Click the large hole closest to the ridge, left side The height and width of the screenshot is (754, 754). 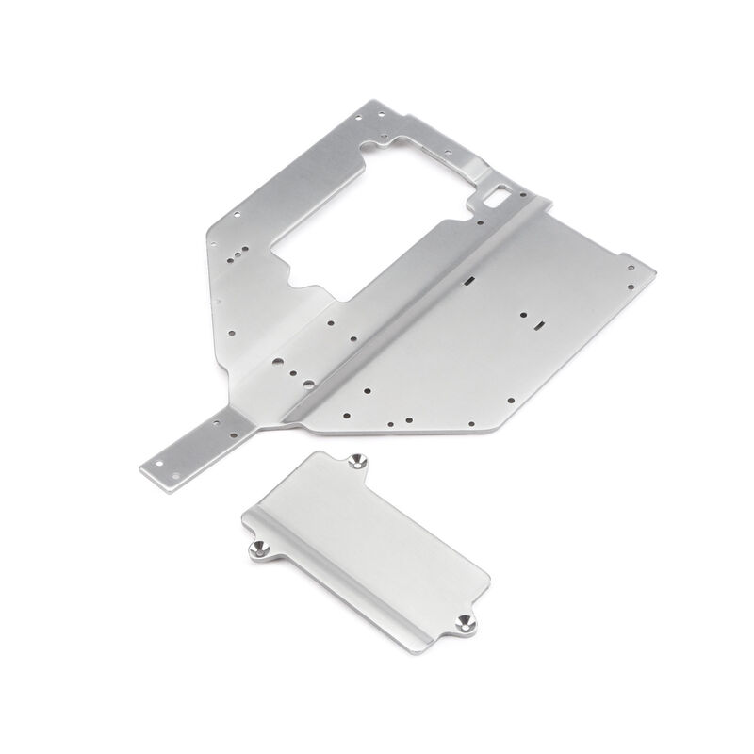(279, 359)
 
